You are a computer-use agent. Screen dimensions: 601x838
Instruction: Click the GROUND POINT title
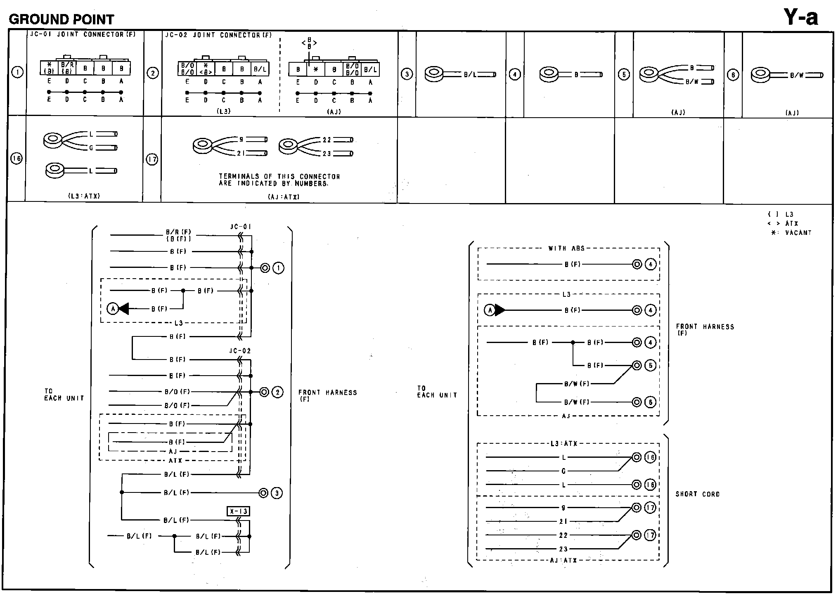(61, 19)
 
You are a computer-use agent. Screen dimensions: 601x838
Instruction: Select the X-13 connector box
(238, 511)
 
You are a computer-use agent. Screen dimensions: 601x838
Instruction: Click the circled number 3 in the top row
(407, 74)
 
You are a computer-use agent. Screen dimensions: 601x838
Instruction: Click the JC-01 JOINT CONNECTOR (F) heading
(83, 35)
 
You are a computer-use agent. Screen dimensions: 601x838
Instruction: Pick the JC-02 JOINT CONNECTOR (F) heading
(218, 35)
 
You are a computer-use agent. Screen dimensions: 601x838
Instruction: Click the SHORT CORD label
(697, 494)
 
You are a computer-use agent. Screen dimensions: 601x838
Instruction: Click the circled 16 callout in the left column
(17, 159)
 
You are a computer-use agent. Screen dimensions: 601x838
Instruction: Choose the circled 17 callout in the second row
(152, 159)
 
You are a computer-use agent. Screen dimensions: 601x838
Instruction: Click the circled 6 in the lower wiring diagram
(650, 402)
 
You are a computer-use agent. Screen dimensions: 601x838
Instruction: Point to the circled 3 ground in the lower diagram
(277, 493)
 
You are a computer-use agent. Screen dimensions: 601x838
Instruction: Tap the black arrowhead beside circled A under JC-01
(123, 308)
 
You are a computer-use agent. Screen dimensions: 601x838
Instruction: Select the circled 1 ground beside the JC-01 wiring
(279, 268)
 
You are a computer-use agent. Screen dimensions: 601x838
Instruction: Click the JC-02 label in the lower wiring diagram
(240, 351)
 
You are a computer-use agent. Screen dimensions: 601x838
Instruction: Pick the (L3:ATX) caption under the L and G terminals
(84, 196)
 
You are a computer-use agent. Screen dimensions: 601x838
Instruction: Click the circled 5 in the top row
(623, 75)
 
